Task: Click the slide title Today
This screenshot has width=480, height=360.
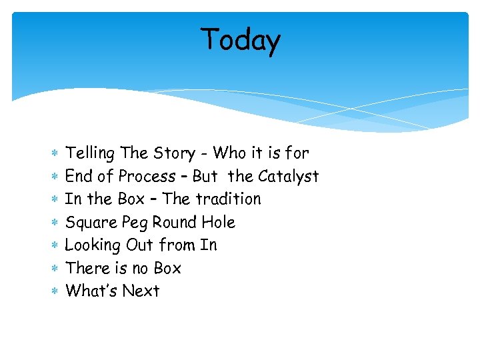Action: [x=241, y=40]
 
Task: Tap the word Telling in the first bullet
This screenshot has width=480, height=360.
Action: [x=90, y=153]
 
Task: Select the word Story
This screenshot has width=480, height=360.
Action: [x=175, y=153]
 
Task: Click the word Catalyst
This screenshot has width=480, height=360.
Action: [x=288, y=177]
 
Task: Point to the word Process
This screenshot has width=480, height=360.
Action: [x=147, y=177]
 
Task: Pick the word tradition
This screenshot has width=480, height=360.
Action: [x=228, y=199]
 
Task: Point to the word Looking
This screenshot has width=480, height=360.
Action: [x=92, y=245]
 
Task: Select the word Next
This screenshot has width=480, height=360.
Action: [x=141, y=291]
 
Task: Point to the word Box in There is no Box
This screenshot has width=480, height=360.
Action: [x=167, y=268]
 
